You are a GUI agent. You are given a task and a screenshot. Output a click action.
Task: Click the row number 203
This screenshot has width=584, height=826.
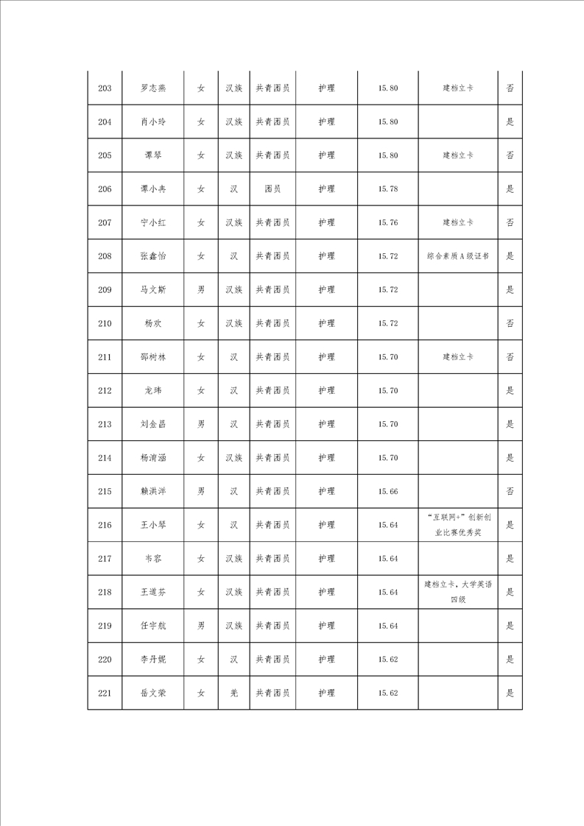[x=105, y=88]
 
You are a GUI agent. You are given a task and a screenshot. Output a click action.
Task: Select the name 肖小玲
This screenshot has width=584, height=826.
[x=153, y=122]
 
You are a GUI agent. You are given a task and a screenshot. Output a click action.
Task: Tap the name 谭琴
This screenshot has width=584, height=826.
[x=153, y=155]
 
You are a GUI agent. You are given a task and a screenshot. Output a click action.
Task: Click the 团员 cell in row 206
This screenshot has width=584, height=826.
[x=272, y=189]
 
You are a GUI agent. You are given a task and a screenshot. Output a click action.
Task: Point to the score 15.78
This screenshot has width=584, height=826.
[x=388, y=189]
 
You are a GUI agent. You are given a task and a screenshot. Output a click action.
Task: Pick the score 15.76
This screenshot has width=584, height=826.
[x=388, y=222]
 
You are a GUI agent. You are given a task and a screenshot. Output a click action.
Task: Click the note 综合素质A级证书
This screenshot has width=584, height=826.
[x=458, y=256]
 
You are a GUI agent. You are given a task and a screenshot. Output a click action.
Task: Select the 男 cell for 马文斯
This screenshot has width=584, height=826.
[x=201, y=290]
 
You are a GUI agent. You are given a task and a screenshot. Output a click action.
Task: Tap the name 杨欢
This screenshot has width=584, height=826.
[x=153, y=323]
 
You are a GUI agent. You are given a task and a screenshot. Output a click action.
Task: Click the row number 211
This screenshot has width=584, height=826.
[x=105, y=357]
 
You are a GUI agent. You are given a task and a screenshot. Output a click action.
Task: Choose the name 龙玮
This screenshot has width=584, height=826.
[x=153, y=390]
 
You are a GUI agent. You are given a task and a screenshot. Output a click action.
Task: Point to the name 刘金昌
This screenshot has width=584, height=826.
[x=153, y=424]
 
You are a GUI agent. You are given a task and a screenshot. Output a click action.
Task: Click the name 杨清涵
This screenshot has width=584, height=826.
[x=153, y=458]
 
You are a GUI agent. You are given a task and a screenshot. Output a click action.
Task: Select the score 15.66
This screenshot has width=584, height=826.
[x=388, y=491]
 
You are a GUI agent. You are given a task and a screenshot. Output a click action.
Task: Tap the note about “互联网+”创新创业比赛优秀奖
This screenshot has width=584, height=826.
[x=458, y=525]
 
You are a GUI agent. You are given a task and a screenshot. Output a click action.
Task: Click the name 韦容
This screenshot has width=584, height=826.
[x=153, y=559]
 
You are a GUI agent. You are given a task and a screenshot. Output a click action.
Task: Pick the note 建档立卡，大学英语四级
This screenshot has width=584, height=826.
[x=458, y=592]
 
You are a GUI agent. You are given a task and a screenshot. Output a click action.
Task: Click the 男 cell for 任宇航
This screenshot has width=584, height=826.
[x=201, y=626]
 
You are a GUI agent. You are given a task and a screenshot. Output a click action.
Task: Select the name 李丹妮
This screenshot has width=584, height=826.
[x=153, y=659]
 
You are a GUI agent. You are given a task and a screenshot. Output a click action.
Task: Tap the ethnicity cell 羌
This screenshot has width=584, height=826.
[x=233, y=693]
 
